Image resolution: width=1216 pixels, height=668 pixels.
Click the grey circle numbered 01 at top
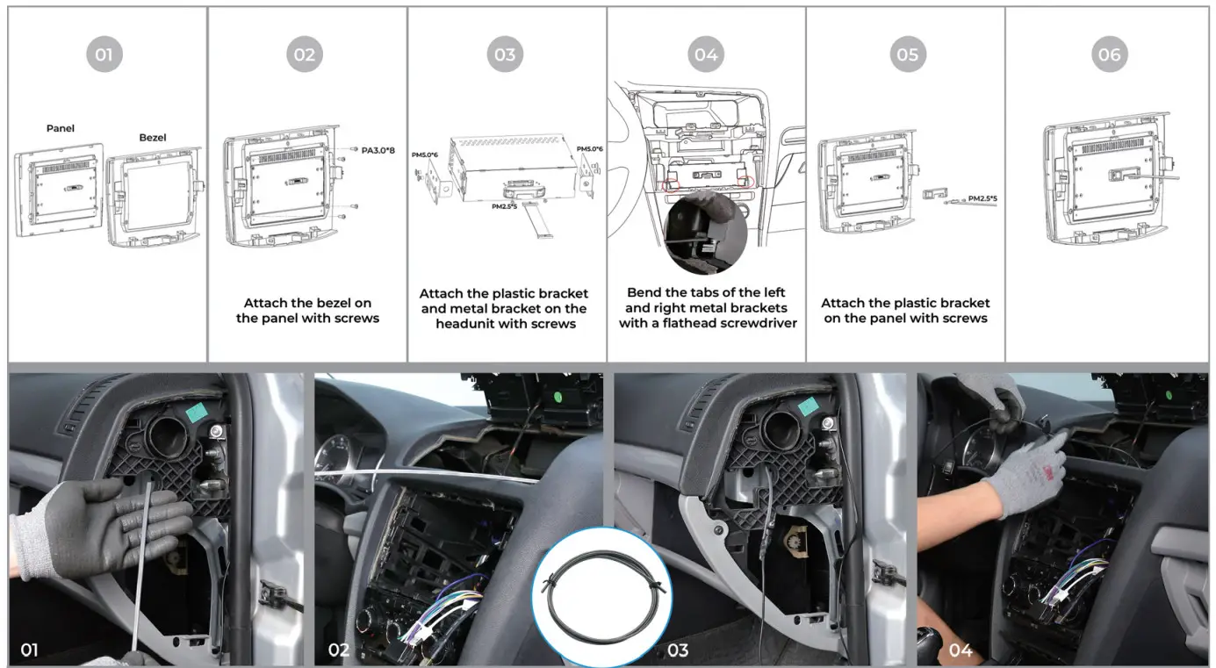(104, 54)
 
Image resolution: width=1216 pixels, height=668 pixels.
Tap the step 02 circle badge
(304, 54)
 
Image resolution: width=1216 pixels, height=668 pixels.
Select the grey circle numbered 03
(505, 54)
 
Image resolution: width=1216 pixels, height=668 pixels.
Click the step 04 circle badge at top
(706, 54)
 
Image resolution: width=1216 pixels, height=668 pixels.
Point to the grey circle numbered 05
(907, 54)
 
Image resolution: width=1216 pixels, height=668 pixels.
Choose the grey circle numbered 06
(1109, 54)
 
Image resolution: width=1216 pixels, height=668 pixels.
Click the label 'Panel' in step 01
(61, 128)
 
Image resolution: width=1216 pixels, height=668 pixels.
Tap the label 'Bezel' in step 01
(153, 138)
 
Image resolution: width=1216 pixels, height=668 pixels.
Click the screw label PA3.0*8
(378, 150)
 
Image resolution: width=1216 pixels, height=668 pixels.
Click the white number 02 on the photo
(339, 650)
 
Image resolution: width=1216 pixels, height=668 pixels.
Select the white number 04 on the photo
(961, 650)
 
